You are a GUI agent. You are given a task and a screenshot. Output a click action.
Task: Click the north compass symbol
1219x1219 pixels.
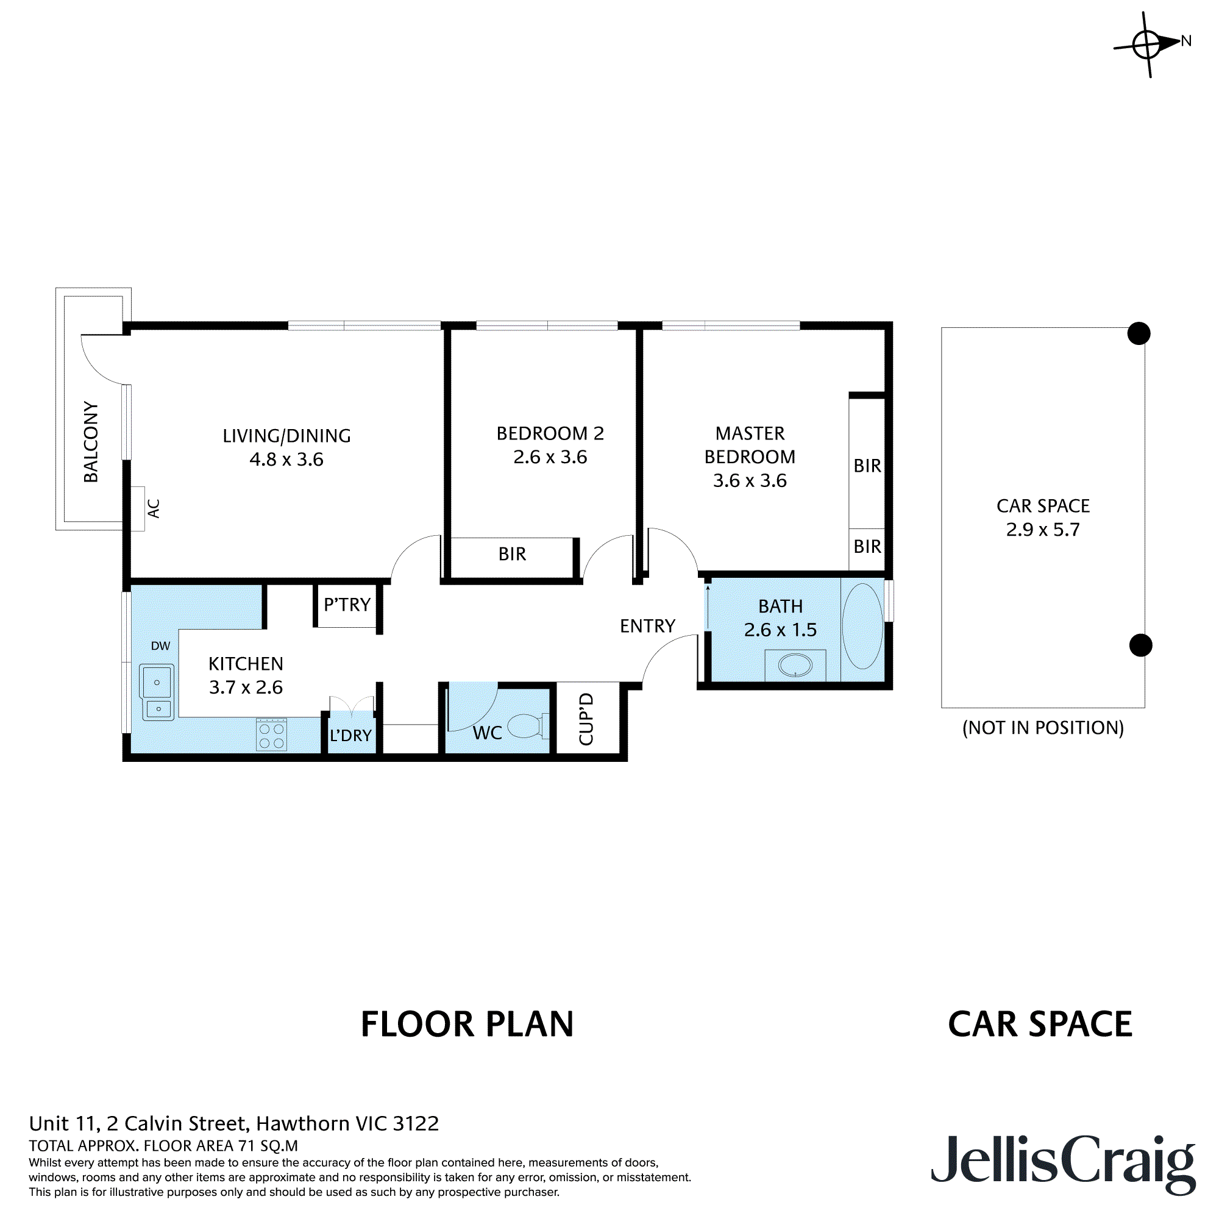pos(1148,44)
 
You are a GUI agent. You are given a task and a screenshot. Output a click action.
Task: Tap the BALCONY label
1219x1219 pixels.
pos(91,442)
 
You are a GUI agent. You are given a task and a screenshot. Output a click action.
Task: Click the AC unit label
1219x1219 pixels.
pos(154,508)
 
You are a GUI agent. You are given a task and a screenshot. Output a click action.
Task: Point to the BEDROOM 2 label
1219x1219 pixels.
pos(550,433)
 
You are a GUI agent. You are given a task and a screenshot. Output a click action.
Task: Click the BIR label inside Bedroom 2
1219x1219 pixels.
pos(513,554)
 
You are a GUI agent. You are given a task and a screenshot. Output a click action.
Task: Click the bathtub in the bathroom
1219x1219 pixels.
pos(862,626)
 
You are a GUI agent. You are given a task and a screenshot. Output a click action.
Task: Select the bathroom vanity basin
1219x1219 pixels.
pos(795,665)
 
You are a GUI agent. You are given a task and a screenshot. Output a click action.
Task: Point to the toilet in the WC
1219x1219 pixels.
pos(528,725)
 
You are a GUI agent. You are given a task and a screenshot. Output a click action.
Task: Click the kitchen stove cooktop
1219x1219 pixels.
pos(272,734)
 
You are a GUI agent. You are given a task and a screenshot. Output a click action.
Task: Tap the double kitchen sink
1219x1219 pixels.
pos(157,692)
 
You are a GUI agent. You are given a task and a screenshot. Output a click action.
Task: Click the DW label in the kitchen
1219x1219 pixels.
pos(160,646)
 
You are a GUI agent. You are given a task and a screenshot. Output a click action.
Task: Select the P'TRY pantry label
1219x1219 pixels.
pos(347,605)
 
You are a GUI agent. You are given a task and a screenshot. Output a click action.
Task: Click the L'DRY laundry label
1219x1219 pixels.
pos(351,736)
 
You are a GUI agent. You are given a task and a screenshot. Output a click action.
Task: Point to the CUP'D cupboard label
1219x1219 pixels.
pos(586,719)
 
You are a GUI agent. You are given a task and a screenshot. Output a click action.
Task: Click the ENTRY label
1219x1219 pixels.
pos(647,626)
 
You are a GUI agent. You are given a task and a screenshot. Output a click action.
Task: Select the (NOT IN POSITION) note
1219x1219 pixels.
pos(1043,728)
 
